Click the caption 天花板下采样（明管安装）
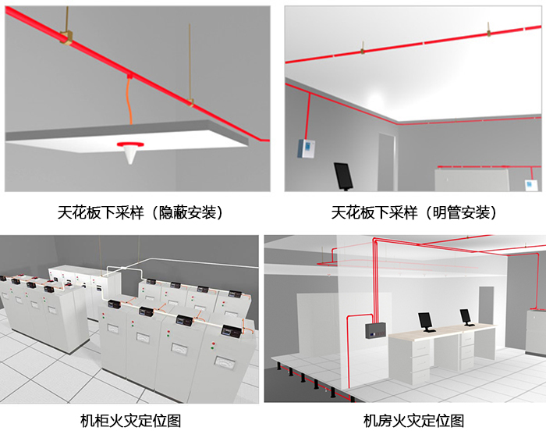click(x=414, y=212)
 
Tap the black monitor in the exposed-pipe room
click(x=342, y=175)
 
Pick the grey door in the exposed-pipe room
click(x=388, y=160)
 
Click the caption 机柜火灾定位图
click(x=130, y=421)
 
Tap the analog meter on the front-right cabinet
click(x=227, y=361)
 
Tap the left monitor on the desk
click(x=426, y=320)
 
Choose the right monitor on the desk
click(x=466, y=316)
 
